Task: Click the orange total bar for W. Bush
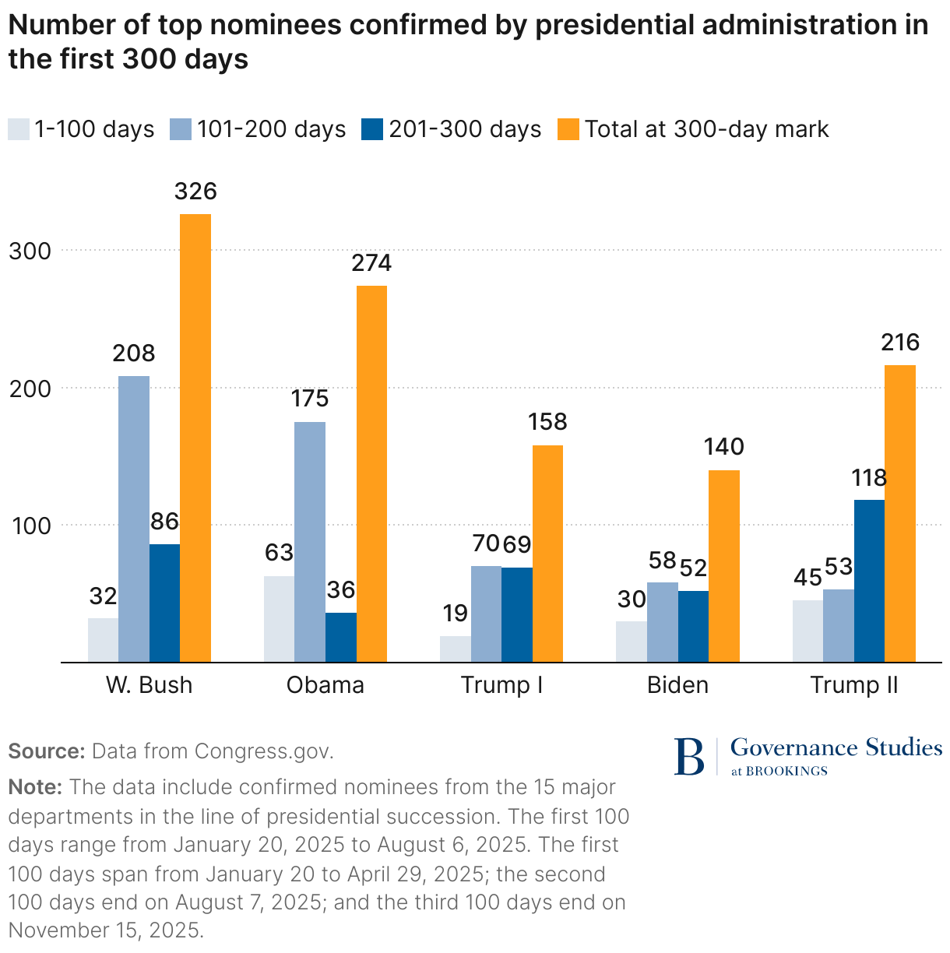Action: [195, 438]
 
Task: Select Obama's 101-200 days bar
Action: [310, 542]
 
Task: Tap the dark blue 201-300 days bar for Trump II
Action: [869, 581]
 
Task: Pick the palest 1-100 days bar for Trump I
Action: [456, 649]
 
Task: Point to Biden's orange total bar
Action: [724, 566]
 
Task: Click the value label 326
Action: [195, 192]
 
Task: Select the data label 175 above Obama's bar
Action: [310, 399]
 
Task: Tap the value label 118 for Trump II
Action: [869, 477]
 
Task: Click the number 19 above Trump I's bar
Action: [456, 614]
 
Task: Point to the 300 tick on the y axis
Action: [30, 251]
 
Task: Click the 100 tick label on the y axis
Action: [30, 526]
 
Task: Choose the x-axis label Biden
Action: [677, 685]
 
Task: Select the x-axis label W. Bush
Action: [149, 685]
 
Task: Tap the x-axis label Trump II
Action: [854, 685]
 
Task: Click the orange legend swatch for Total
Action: [569, 129]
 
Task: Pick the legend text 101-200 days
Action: [271, 129]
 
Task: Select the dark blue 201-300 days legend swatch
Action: [372, 129]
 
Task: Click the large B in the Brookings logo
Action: [688, 756]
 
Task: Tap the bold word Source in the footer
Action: [45, 751]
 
